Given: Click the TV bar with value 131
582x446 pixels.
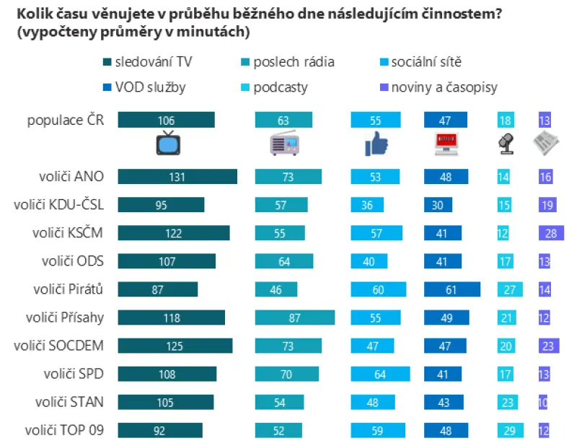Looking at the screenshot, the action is click(x=177, y=176).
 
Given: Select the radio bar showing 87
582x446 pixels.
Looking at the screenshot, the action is click(x=295, y=318).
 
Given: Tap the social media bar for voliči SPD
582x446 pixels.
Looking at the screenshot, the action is click(x=381, y=374).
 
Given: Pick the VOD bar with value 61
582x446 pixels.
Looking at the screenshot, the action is click(x=452, y=289).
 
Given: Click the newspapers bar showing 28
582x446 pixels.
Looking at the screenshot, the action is click(x=551, y=233).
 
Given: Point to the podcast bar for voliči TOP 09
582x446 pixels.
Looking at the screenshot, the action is click(x=511, y=430).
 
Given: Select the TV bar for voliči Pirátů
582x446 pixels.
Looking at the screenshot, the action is click(x=158, y=289).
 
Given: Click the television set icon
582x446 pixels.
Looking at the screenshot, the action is click(x=168, y=143).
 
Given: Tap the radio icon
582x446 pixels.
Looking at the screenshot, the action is click(x=285, y=143).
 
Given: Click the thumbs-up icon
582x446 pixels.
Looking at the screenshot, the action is click(x=376, y=144).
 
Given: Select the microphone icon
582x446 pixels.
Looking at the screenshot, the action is click(x=506, y=144).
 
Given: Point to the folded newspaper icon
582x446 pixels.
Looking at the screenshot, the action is click(x=546, y=143).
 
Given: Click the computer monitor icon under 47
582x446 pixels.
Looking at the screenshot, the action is click(x=446, y=144).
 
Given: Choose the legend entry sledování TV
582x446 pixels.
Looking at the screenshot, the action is click(x=148, y=61).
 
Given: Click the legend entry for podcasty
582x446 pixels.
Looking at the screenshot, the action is click(x=274, y=87).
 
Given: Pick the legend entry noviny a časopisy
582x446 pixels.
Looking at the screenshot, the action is click(x=438, y=87).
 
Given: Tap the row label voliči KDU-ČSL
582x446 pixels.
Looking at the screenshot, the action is click(x=58, y=205).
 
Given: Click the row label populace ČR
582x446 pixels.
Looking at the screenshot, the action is click(x=66, y=121).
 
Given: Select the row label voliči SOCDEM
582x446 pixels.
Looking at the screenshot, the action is click(x=58, y=346).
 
